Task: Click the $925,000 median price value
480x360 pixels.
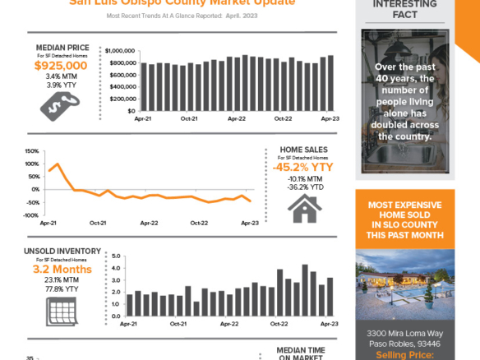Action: (61, 65)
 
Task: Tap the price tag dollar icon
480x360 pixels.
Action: (61, 102)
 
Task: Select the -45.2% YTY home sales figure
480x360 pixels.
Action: (304, 167)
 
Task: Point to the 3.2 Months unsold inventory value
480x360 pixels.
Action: (62, 270)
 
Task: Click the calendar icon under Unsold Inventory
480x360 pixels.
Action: (62, 309)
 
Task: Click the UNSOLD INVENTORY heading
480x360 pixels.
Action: (62, 252)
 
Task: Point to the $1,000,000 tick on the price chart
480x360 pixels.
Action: (119, 51)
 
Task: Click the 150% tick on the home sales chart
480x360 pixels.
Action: (32, 152)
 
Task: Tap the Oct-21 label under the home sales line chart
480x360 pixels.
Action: (99, 223)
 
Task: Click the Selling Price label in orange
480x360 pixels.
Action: (404, 354)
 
